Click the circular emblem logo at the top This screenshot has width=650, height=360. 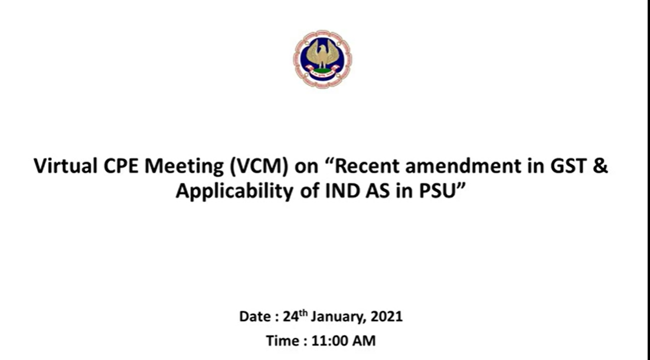tap(322, 59)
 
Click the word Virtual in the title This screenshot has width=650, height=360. tap(66, 166)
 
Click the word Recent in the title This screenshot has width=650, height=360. tap(367, 166)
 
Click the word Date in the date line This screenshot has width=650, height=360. tap(255, 316)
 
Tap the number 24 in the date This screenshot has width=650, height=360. tap(290, 316)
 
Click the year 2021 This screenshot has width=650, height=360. tap(386, 316)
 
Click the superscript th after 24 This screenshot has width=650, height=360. tap(303, 313)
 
